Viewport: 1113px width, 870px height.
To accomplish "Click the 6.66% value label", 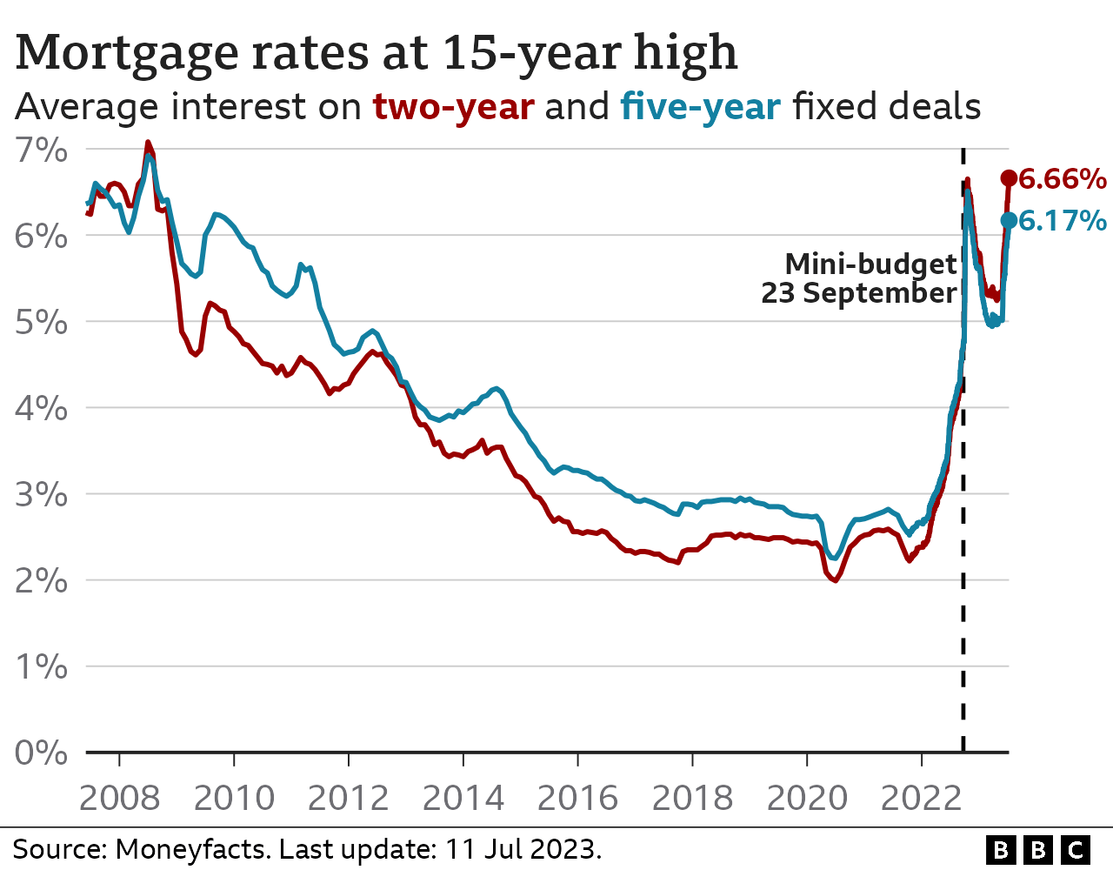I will click(x=1062, y=179).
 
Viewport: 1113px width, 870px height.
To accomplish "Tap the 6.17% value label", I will click(x=1062, y=221).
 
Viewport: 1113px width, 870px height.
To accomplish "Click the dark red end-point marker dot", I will click(x=1009, y=178).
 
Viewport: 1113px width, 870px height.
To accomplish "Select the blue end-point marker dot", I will click(x=1009, y=220).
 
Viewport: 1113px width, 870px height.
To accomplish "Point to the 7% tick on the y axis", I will click(x=41, y=150).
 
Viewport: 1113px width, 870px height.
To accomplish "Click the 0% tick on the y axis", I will click(x=41, y=753).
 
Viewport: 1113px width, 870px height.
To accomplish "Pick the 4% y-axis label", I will click(x=41, y=408).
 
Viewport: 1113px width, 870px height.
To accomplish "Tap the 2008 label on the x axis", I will click(x=119, y=797).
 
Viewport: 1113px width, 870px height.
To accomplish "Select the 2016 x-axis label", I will click(x=578, y=797).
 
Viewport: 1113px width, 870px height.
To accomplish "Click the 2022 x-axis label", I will click(x=922, y=797).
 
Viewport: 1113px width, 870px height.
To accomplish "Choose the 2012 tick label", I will click(x=349, y=797).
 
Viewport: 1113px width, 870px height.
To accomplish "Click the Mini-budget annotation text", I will click(x=870, y=264).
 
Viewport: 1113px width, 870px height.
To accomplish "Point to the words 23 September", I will click(x=859, y=293).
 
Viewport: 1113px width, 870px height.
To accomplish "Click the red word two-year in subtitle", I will click(x=453, y=107).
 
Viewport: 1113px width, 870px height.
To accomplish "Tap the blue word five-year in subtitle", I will click(x=700, y=107).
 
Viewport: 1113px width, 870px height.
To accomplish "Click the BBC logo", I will click(x=1038, y=849).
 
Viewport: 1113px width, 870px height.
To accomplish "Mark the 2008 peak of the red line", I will click(x=148, y=142).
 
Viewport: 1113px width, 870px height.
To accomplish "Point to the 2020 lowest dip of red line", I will click(x=835, y=580).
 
